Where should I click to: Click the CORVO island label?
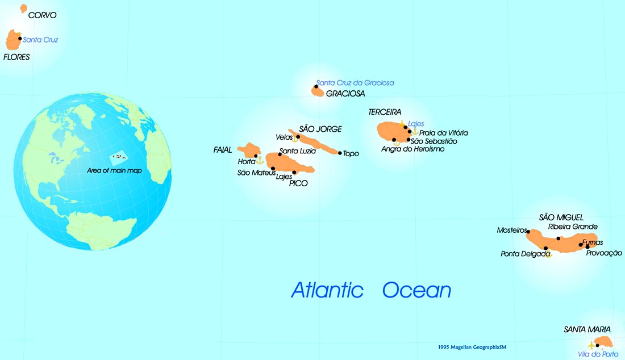(x=42, y=15)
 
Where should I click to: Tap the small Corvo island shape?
(x=23, y=9)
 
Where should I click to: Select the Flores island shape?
(x=13, y=39)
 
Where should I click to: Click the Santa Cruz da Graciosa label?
(x=355, y=83)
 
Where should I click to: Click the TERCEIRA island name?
(x=385, y=112)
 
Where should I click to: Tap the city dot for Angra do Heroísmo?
(x=394, y=140)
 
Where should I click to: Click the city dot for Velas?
(x=298, y=137)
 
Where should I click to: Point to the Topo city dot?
(x=340, y=153)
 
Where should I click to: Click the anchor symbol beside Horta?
(x=260, y=160)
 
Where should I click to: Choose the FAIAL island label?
(x=223, y=150)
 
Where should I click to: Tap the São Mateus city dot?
(x=273, y=168)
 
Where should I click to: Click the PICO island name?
(x=298, y=183)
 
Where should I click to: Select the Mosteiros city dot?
(x=528, y=231)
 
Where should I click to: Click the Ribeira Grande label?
(x=573, y=227)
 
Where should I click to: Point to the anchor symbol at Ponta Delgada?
(x=549, y=255)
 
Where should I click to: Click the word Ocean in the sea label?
(x=416, y=290)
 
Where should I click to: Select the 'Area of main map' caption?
(x=115, y=170)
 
